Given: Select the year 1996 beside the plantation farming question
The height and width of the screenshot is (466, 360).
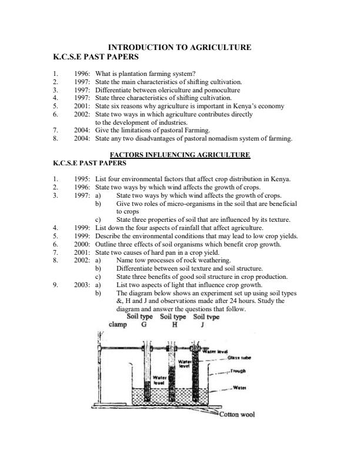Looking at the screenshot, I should [82, 74].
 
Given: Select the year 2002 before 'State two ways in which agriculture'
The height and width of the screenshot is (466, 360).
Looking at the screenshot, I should [82, 115].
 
